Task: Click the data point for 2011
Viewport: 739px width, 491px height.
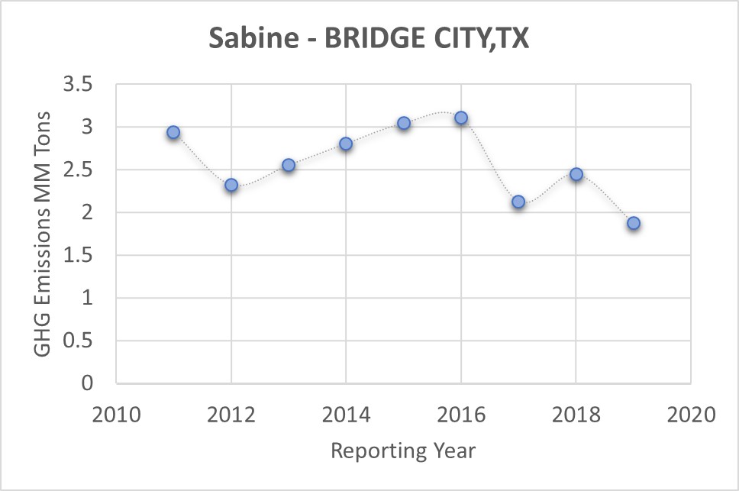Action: click(173, 132)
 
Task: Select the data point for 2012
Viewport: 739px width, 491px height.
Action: click(231, 185)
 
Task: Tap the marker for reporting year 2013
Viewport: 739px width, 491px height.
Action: click(289, 165)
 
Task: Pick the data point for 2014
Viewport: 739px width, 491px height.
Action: click(346, 144)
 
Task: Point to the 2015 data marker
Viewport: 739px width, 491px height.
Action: click(404, 123)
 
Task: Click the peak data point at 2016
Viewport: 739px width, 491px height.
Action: click(461, 118)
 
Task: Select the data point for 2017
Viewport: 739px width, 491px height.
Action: click(518, 202)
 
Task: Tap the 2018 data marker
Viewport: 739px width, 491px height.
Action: click(576, 174)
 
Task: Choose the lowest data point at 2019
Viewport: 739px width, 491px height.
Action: click(634, 223)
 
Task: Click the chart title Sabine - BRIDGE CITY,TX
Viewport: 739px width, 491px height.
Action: click(369, 39)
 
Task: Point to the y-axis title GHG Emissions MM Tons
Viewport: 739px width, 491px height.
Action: click(44, 233)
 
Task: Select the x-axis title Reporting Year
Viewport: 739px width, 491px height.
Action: click(403, 451)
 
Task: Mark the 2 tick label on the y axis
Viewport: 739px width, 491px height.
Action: click(87, 212)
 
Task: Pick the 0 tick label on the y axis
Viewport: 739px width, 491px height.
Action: click(87, 383)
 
